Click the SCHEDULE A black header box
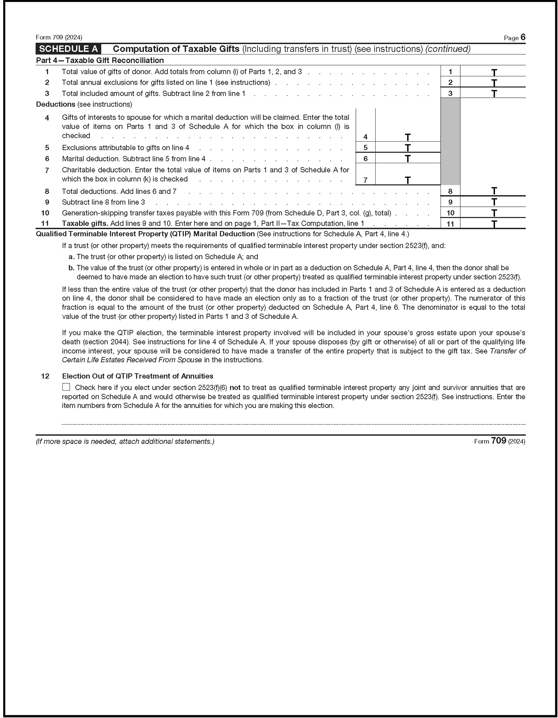pyautogui.click(x=68, y=49)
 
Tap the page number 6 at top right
pyautogui.click(x=523, y=37)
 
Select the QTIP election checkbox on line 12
pyautogui.click(x=66, y=387)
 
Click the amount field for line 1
pyautogui.click(x=493, y=71)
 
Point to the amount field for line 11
pyautogui.click(x=493, y=223)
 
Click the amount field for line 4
pyautogui.click(x=408, y=136)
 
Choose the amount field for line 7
pyautogui.click(x=408, y=180)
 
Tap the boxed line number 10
pyautogui.click(x=450, y=213)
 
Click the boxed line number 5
pyautogui.click(x=365, y=148)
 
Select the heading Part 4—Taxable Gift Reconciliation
pyautogui.click(x=100, y=61)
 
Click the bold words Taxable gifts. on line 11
pyautogui.click(x=85, y=223)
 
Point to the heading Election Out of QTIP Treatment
pyautogui.click(x=137, y=376)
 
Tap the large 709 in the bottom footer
pyautogui.click(x=498, y=441)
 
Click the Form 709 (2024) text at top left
pyautogui.click(x=59, y=37)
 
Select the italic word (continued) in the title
pyautogui.click(x=448, y=49)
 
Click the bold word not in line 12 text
pyautogui.click(x=235, y=388)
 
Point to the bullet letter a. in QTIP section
pyautogui.click(x=72, y=257)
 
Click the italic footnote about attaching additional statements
pyautogui.click(x=125, y=442)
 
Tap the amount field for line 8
pyautogui.click(x=493, y=191)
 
